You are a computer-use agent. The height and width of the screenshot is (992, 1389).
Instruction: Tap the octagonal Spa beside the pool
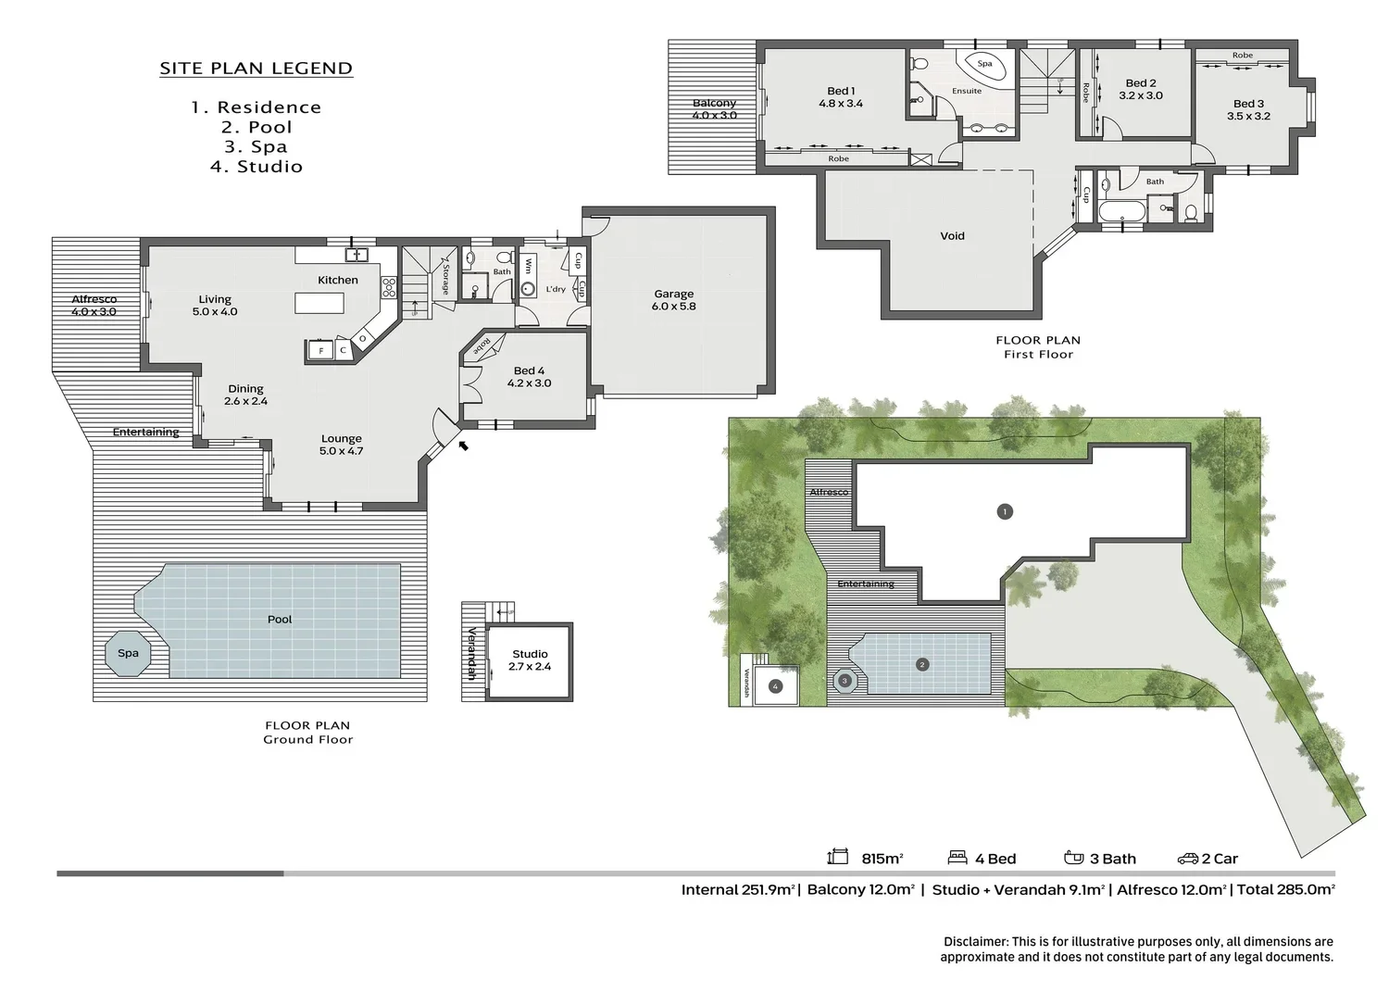129,653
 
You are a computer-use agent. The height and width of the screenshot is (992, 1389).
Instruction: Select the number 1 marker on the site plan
1005,512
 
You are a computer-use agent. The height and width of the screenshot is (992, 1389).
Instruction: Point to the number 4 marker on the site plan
775,686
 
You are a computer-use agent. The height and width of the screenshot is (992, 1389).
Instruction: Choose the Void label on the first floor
953,236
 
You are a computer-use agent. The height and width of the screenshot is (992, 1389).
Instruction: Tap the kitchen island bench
319,304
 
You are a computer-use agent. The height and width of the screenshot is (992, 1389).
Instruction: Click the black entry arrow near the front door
463,446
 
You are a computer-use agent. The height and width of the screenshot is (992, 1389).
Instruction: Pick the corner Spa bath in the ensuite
983,66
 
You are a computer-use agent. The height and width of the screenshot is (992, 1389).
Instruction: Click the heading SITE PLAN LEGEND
257,69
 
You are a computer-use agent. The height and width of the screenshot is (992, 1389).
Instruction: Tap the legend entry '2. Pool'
257,127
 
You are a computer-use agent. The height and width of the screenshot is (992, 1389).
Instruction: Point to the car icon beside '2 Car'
1187,859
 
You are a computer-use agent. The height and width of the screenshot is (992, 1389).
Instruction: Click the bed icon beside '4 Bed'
957,858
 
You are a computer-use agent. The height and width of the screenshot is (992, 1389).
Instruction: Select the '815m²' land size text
882,859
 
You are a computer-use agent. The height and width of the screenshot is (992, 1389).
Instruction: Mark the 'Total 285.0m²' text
1286,889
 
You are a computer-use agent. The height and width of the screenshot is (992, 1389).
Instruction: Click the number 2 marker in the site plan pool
922,664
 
